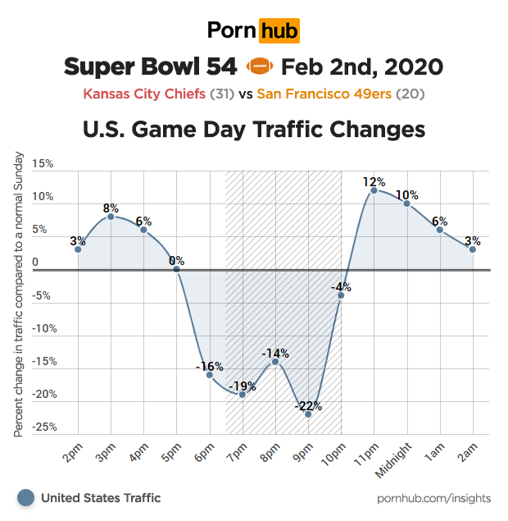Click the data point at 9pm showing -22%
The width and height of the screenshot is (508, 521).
pos(308,414)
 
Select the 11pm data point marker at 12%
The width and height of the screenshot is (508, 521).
pos(374,190)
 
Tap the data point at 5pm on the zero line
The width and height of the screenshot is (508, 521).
pos(176,269)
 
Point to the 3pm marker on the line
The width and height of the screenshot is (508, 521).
pos(111,216)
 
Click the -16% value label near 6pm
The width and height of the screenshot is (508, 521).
pos(209,366)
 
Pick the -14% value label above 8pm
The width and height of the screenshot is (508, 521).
pos(275,353)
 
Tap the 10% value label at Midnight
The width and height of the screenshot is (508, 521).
pos(407,195)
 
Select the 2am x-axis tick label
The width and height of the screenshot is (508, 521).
pos(466,450)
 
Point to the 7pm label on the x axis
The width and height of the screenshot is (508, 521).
pos(236,450)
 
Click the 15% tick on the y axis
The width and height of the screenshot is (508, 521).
pos(42,164)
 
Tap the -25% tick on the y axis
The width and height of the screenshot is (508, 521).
pos(42,427)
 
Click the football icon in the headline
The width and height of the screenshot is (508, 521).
pos(258,66)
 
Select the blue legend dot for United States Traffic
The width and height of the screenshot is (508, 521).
pos(26,497)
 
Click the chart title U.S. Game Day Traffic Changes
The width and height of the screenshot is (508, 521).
pos(254,130)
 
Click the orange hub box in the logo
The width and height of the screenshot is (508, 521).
pos(279,30)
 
